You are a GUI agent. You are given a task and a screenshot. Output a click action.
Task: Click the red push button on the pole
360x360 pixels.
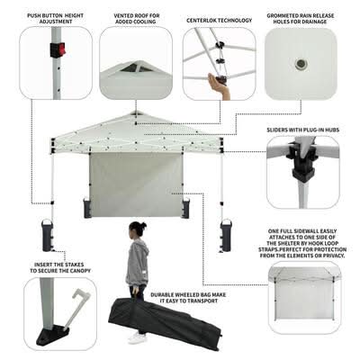tap(61, 49)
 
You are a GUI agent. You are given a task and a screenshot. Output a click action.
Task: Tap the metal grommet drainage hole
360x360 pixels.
tap(300, 64)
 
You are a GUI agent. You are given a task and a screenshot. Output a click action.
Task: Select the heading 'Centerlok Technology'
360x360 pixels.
tap(220, 21)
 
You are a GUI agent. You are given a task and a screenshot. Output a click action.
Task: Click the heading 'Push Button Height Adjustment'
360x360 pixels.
tap(56, 18)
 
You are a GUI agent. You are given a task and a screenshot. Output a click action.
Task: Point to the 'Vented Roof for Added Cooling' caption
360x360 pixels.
tap(137, 18)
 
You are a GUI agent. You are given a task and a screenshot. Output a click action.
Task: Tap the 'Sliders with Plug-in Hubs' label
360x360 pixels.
tap(303, 130)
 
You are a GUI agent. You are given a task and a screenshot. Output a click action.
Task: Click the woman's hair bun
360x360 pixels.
tap(143, 224)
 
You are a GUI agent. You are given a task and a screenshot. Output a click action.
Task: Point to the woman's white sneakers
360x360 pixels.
tap(138, 338)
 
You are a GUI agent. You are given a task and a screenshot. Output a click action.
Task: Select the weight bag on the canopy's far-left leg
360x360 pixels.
tap(48, 236)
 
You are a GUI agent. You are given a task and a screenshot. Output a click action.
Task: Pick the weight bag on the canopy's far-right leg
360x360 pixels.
tap(225, 236)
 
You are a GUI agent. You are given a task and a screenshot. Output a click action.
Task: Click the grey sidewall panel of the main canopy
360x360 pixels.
tap(136, 184)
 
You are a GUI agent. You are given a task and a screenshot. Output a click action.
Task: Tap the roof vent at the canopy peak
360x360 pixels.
tap(137, 113)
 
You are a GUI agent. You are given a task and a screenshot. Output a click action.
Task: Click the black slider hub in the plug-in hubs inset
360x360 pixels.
tap(301, 164)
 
